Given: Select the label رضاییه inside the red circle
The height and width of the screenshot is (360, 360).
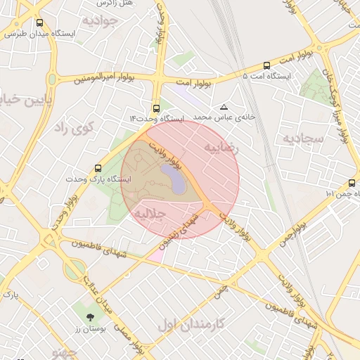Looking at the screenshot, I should pos(221,148).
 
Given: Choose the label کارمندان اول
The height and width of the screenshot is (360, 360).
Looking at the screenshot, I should pos(190,325).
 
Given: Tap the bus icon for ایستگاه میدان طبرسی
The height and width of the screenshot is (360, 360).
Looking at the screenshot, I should pos(38,22).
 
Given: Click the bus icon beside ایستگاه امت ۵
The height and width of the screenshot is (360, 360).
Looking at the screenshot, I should pos(266,65).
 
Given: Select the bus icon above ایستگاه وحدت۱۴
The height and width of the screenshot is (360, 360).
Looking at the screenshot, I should pos(155,109).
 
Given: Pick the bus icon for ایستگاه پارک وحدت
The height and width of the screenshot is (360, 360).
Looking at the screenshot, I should pos(97,169).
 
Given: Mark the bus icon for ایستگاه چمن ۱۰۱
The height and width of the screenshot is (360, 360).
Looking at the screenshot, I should pos(352,183).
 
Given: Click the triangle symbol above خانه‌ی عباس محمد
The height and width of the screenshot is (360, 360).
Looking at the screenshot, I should pos(224,107).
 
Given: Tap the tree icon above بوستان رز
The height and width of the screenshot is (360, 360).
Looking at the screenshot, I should pos(89,317).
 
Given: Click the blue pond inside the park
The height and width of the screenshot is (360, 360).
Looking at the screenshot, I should pos(174,179).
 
